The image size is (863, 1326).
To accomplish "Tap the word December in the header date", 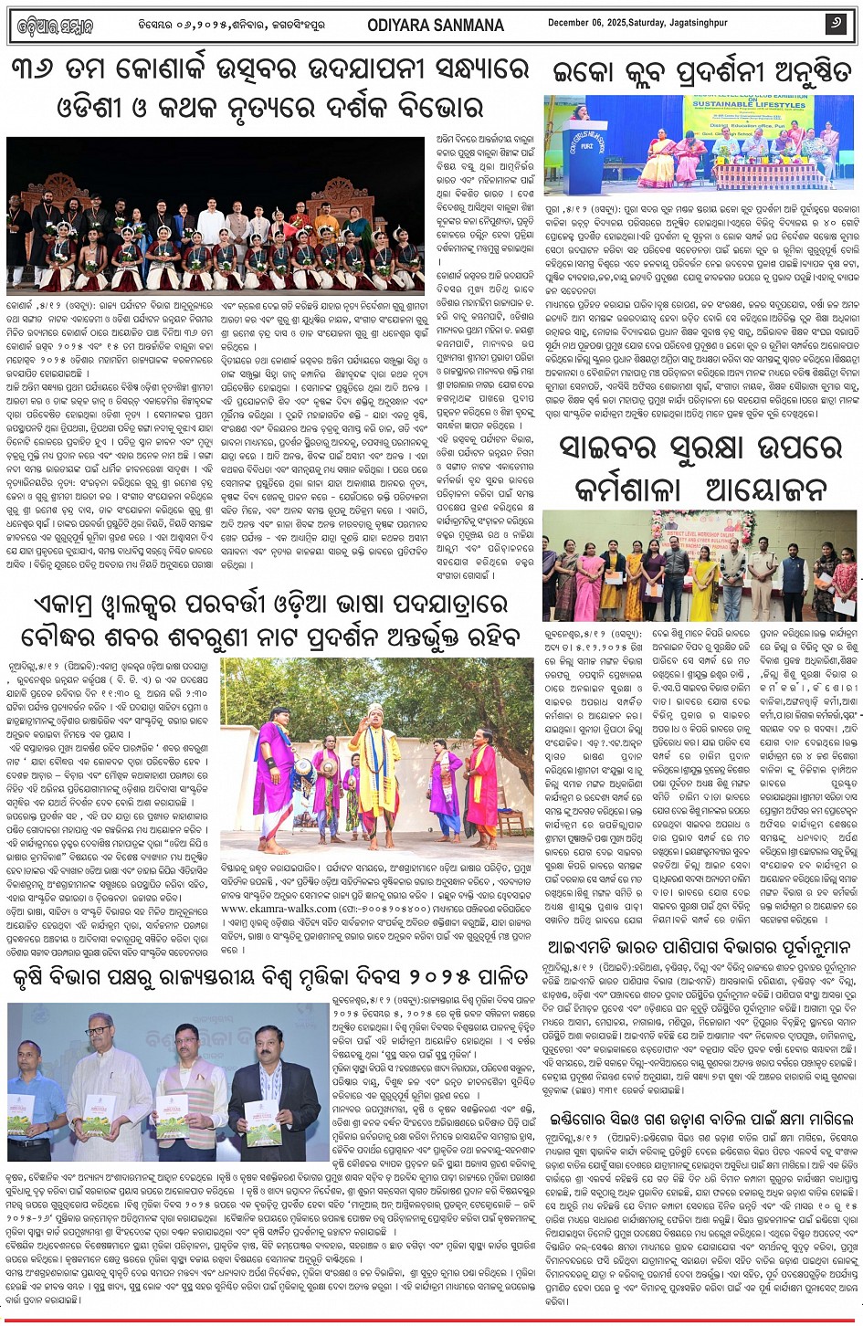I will (x=573, y=24).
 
